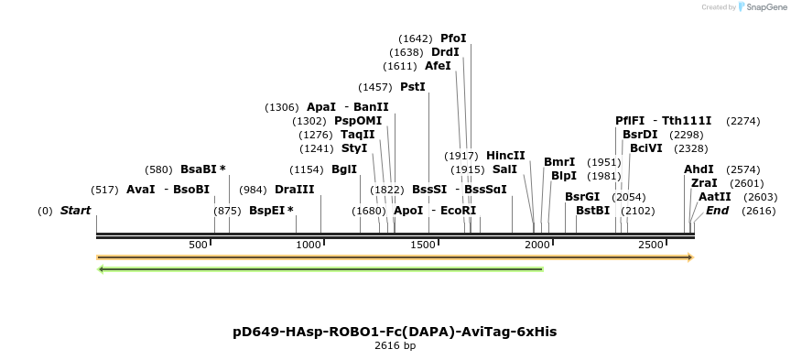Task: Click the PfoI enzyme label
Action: tap(453, 38)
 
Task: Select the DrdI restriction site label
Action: tap(445, 52)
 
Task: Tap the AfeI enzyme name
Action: tap(438, 66)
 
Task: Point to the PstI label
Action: tap(413, 87)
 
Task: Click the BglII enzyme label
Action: tap(344, 169)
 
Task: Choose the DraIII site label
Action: tap(294, 190)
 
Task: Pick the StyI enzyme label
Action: tap(353, 148)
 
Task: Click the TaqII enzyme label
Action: tap(357, 135)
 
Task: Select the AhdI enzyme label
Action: tap(699, 169)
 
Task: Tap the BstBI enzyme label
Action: tap(592, 211)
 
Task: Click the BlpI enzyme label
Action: tap(564, 176)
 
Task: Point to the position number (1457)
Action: tap(375, 87)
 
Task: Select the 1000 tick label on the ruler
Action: tap(309, 245)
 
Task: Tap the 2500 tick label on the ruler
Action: tap(650, 245)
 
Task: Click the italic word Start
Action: tap(76, 211)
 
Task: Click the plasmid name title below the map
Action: tap(395, 331)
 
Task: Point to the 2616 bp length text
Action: tap(395, 346)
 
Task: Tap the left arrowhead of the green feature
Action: tap(102, 269)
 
